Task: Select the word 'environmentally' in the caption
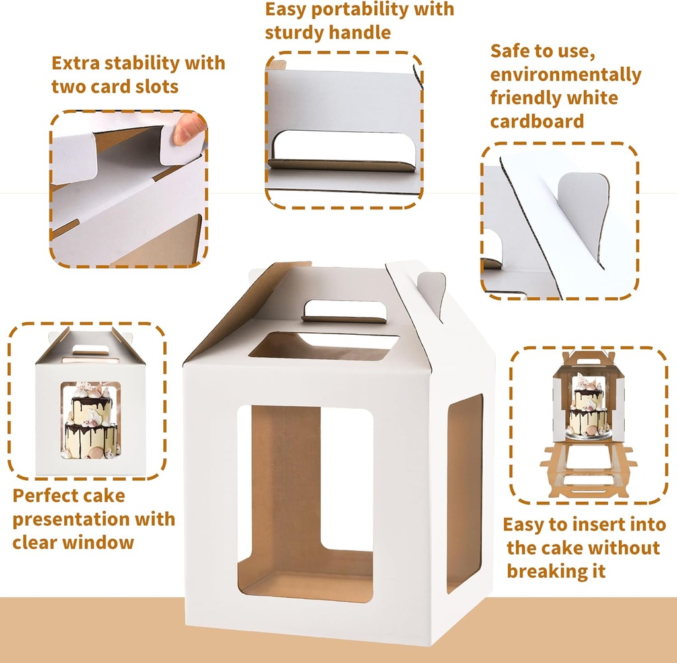[x=565, y=75]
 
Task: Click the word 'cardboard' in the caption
[x=537, y=122]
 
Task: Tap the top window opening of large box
[x=323, y=345]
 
